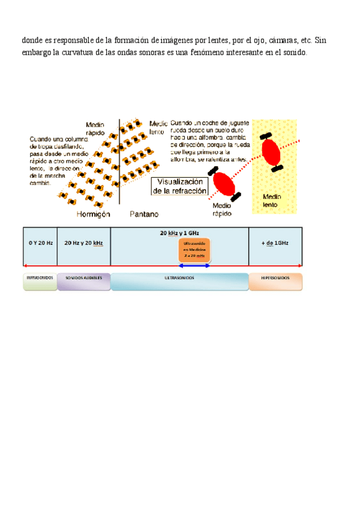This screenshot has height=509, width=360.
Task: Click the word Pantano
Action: pos(144,214)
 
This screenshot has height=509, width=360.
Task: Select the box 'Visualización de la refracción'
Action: pos(180,187)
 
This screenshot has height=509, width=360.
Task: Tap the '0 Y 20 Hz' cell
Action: pos(40,243)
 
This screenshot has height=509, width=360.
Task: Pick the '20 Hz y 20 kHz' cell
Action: pos(83,243)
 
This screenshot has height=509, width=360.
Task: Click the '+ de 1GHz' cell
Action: pos(275,243)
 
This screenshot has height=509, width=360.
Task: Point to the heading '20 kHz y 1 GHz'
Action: pos(179,232)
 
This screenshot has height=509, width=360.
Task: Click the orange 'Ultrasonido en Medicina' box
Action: pos(190,249)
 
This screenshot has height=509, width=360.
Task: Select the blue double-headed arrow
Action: pos(190,265)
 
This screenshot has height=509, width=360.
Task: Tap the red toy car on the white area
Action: pos(225,183)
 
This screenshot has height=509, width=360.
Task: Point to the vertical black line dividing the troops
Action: pos(120,162)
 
